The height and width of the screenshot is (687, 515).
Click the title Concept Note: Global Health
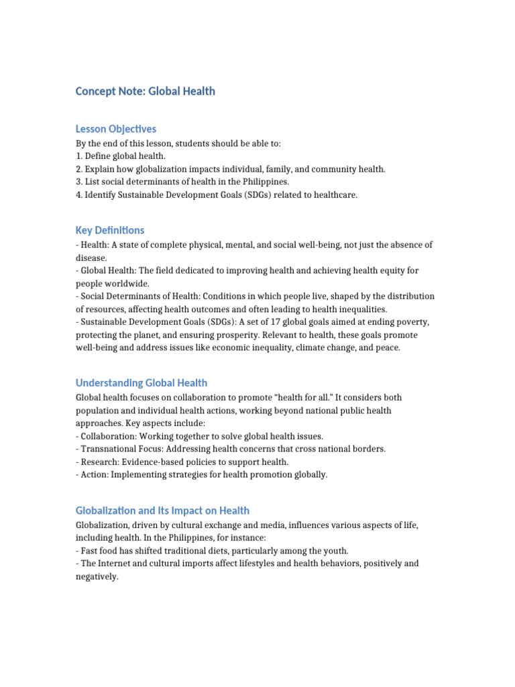tap(146, 91)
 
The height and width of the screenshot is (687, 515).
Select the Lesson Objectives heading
tap(116, 129)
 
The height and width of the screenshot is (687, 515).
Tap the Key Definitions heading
tap(110, 230)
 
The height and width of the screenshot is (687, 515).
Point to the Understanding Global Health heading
tap(141, 383)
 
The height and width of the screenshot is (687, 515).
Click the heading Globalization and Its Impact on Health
tap(162, 511)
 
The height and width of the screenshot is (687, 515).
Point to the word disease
tap(91, 258)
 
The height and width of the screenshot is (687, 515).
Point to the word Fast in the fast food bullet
tap(90, 551)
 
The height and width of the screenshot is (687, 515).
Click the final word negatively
tap(97, 576)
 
